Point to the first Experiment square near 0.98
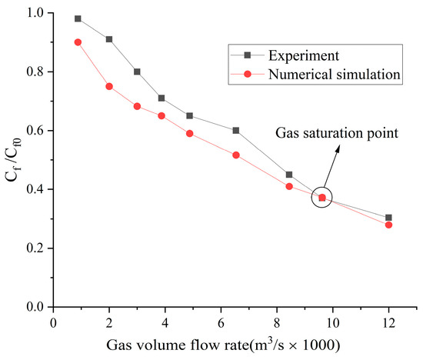[x=78, y=18]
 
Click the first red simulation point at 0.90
[x=78, y=42]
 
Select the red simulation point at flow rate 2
[x=109, y=86]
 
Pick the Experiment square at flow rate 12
[x=388, y=218]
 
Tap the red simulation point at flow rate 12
[x=388, y=225]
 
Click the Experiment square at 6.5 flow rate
[x=235, y=131]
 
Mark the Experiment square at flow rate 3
[x=137, y=72]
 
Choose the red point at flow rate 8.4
[x=289, y=186]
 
